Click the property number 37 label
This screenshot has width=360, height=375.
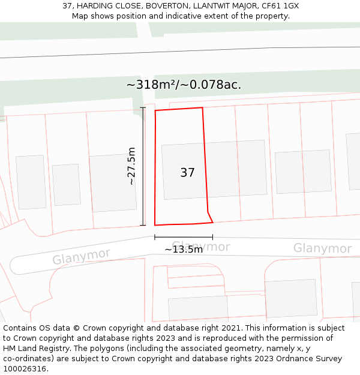coord(187,173)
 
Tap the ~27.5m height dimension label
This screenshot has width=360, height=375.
coord(131,166)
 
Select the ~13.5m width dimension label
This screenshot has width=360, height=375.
coord(184,249)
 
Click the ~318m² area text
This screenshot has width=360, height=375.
coord(151,85)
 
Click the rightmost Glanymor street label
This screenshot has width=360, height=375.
coord(322,248)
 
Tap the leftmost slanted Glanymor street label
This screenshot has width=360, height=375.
coord(81,257)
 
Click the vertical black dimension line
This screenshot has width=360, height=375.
coord(143,166)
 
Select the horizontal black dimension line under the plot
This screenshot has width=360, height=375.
coord(184,238)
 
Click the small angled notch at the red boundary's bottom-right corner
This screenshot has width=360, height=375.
coord(210,217)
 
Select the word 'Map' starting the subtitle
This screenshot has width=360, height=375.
coord(80,16)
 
